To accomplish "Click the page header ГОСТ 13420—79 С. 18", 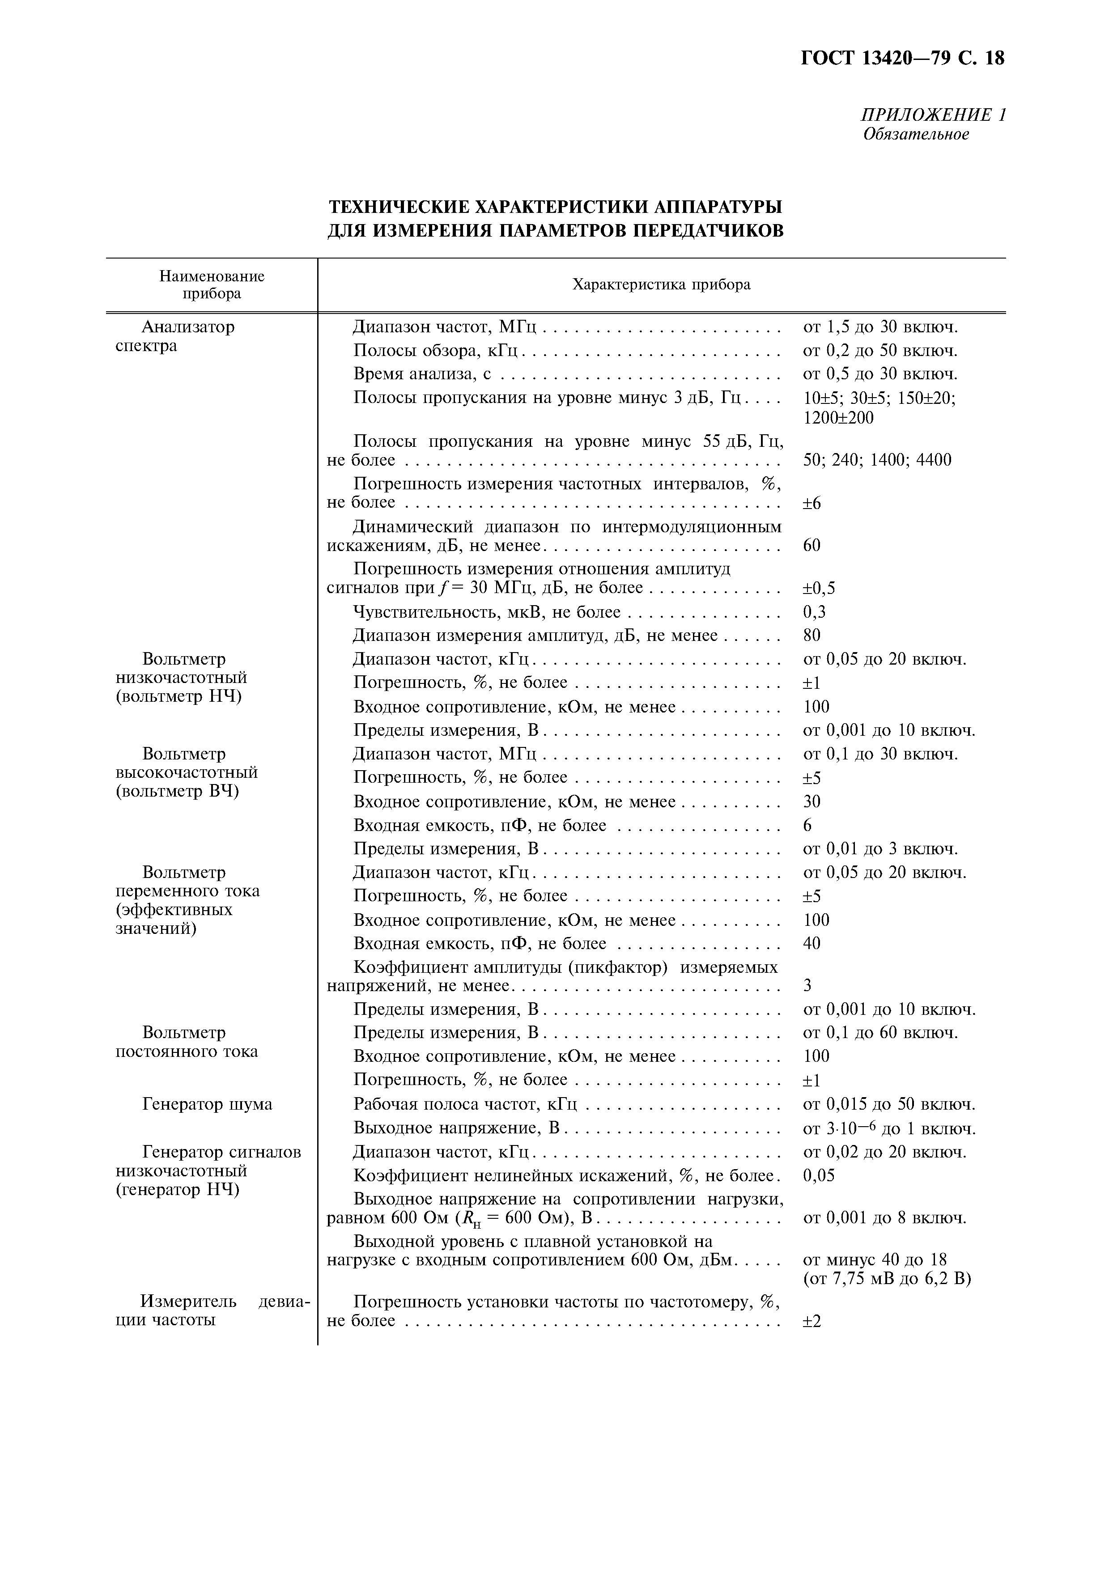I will (902, 59).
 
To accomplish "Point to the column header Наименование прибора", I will (211, 285).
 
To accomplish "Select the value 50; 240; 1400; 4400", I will (877, 460).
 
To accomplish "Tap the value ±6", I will (812, 504).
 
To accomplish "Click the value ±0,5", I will (819, 589).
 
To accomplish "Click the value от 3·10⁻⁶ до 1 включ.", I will (888, 1128).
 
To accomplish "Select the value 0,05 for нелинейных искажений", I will (818, 1175).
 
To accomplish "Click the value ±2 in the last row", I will (812, 1320).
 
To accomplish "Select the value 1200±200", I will (838, 418).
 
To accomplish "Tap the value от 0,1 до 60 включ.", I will (880, 1033).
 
